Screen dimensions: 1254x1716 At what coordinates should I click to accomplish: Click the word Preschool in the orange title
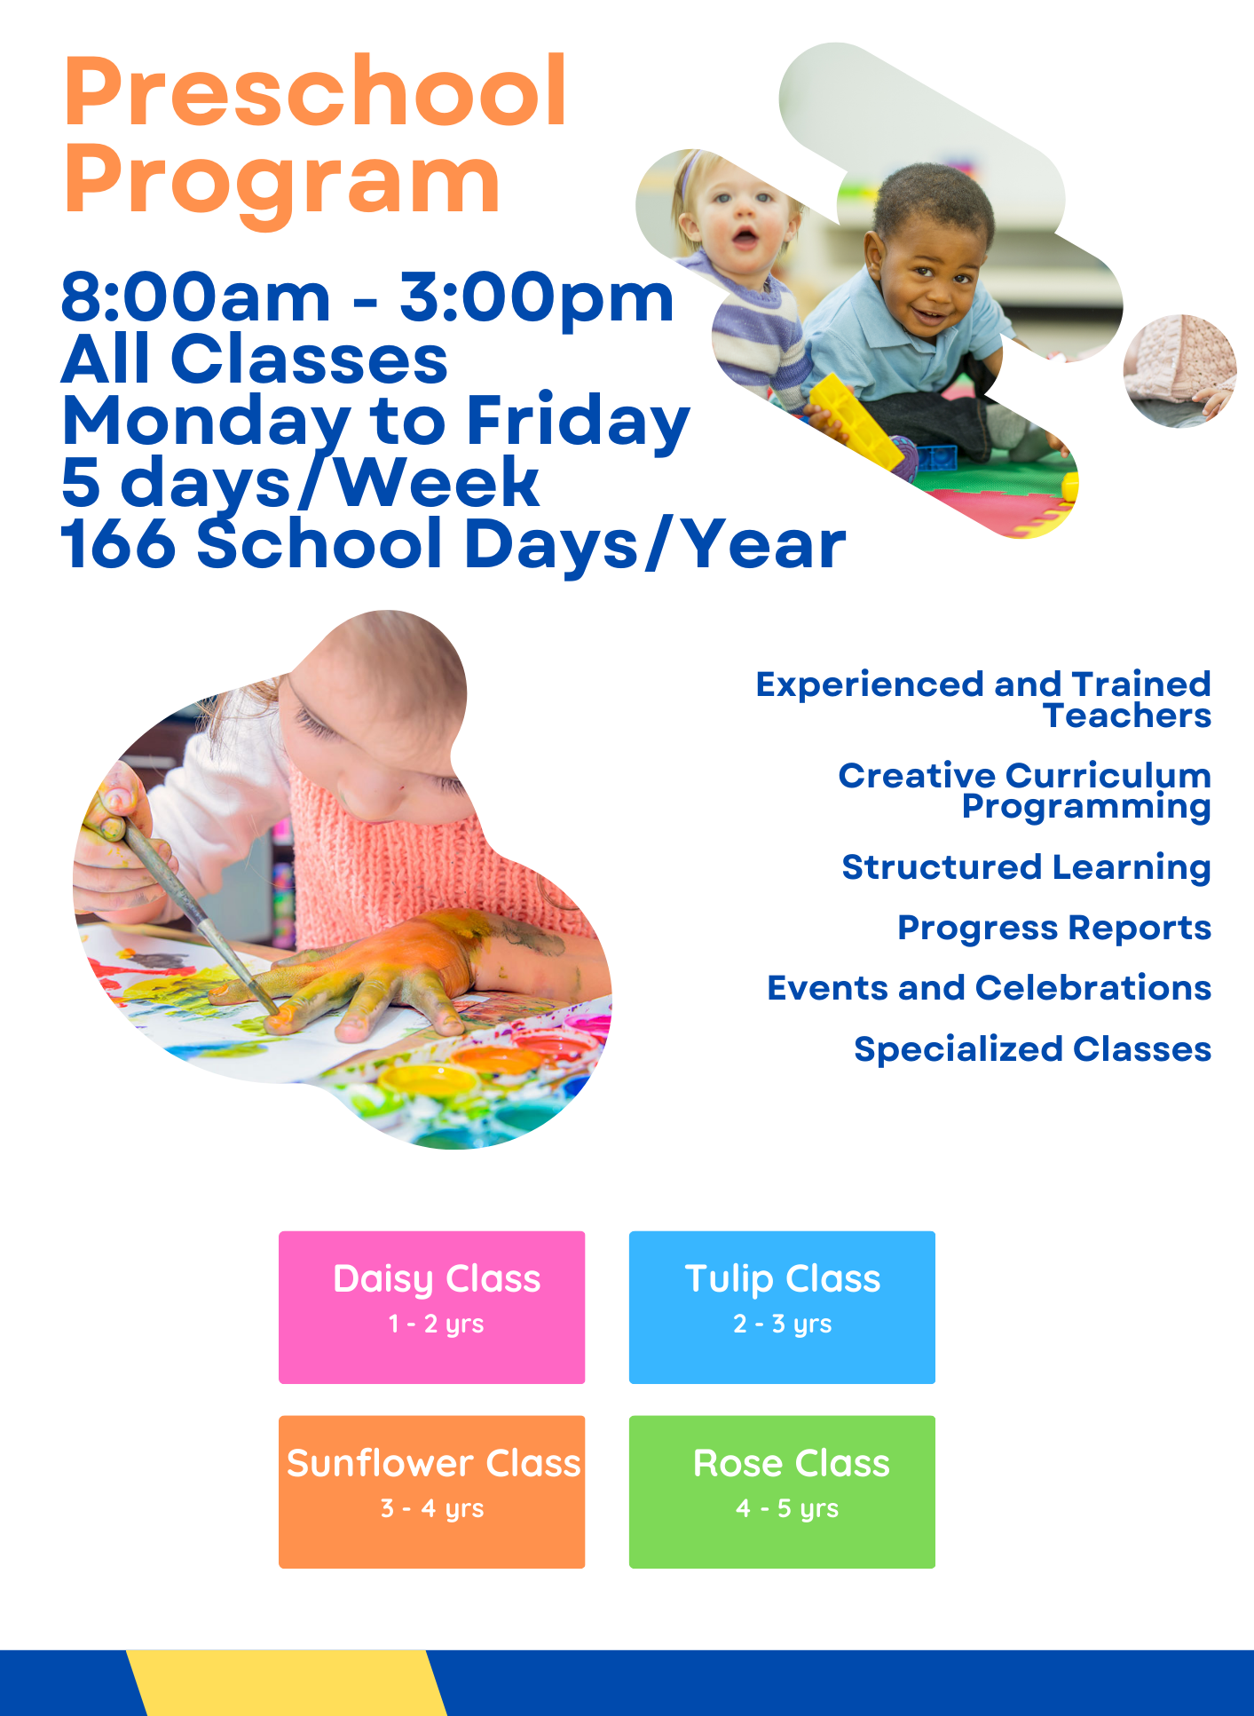click(x=315, y=91)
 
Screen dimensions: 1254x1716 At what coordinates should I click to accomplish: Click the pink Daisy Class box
click(x=431, y=1307)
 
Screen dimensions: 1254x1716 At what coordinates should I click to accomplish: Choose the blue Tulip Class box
click(x=782, y=1307)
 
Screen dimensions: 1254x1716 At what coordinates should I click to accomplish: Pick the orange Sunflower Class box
click(x=431, y=1491)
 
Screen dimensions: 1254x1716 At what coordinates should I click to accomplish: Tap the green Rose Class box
click(x=782, y=1491)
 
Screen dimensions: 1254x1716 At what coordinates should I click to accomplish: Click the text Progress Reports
click(x=1054, y=929)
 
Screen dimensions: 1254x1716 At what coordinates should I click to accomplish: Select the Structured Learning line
click(x=1027, y=867)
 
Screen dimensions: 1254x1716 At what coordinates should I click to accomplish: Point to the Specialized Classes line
click(x=1033, y=1049)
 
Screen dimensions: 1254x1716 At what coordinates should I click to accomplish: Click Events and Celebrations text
click(x=990, y=988)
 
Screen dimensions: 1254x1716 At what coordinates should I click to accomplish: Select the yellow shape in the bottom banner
click(x=287, y=1683)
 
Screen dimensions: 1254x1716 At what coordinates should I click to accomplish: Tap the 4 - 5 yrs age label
click(x=787, y=1508)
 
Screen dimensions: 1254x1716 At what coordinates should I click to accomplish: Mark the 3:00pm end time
click(x=537, y=300)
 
